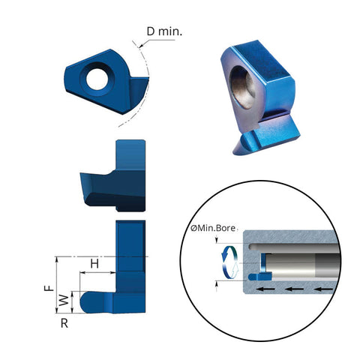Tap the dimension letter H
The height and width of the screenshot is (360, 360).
94,264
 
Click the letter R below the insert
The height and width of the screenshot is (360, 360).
65,323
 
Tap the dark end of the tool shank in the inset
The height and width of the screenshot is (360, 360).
322,265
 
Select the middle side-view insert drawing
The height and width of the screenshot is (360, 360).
112,178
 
